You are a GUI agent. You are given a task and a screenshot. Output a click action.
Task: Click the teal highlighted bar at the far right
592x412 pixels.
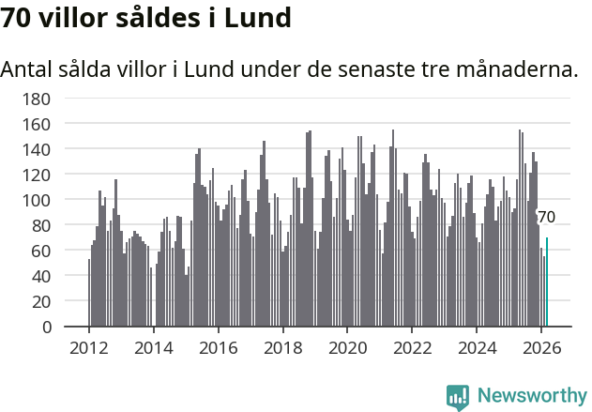click(547, 282)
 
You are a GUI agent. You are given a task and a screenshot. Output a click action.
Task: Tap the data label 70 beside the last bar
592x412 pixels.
click(546, 218)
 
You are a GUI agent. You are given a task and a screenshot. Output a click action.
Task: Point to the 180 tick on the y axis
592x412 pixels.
click(37, 99)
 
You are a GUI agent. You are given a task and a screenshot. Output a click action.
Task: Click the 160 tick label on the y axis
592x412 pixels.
click(37, 124)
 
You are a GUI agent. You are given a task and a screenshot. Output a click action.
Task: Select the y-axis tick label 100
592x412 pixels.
click(37, 200)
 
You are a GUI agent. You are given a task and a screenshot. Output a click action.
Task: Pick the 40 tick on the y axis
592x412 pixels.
click(41, 277)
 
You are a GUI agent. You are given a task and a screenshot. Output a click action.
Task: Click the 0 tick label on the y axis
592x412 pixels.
click(46, 328)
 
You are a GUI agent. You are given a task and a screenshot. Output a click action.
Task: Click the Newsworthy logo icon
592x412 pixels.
click(458, 397)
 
